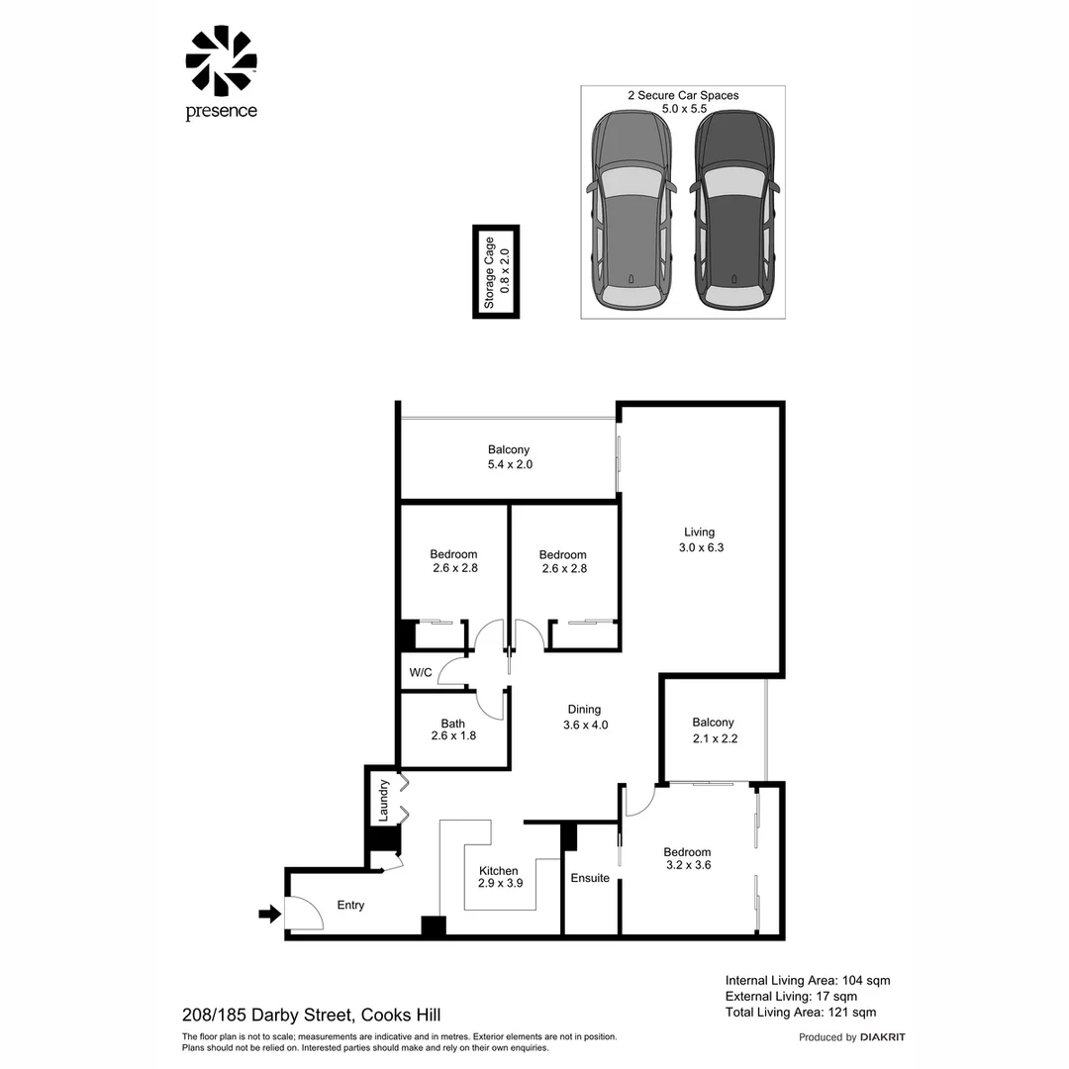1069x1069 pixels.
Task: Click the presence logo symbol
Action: tap(221, 61)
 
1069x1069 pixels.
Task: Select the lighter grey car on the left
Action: tap(632, 210)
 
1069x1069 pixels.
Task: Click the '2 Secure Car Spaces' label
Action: tap(683, 96)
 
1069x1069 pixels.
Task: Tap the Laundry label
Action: tap(384, 800)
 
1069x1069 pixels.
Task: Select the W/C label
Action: tap(421, 673)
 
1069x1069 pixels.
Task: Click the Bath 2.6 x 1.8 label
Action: tap(453, 729)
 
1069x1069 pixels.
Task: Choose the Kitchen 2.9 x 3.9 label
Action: tap(498, 877)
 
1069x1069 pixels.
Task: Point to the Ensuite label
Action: tap(590, 878)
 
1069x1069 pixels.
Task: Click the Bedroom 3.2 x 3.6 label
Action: tap(687, 858)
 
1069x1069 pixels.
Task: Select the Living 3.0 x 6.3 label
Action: tap(699, 539)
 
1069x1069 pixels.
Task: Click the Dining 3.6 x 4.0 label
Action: tap(584, 717)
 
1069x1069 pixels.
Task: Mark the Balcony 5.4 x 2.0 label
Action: tap(509, 456)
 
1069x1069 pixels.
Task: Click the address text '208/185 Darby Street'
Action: tap(267, 1015)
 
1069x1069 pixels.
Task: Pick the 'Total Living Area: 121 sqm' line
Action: tap(801, 1012)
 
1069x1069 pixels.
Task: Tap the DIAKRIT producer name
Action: tap(883, 1037)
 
